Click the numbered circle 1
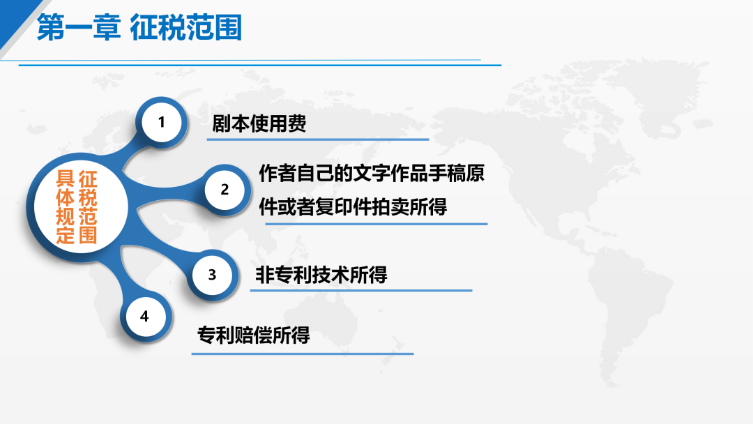point(162,123)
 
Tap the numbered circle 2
point(225,190)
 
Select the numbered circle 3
point(212,275)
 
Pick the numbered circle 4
point(144,317)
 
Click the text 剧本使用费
point(259,124)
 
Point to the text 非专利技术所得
point(321,275)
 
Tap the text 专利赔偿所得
point(254,335)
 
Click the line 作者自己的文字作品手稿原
point(372,174)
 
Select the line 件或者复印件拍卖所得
point(353,207)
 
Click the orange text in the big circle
point(77,207)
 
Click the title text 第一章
point(78,27)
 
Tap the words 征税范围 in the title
point(186,27)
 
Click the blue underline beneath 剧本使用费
point(318,139)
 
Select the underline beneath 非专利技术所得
point(361,290)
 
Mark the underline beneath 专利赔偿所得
point(303,354)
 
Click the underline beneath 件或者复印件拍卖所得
point(376,224)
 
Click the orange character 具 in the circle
point(66,179)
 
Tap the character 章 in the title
point(107,27)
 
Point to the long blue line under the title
point(260,65)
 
